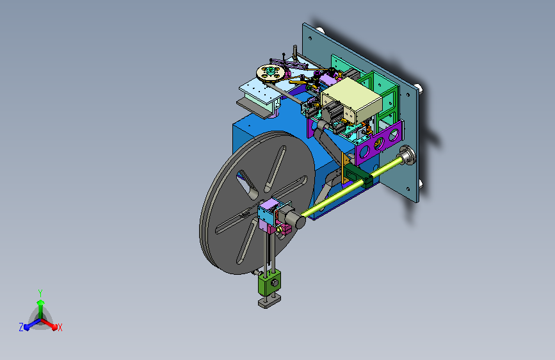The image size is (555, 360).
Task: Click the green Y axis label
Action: [40, 293]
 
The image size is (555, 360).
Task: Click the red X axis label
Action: [60, 328]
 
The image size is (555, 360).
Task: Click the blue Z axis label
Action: [21, 327]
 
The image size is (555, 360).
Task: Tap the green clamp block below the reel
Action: [269, 282]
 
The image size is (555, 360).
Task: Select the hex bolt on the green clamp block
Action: [275, 283]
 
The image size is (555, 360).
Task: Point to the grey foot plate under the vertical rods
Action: [269, 302]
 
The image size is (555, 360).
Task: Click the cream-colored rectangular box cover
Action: [351, 101]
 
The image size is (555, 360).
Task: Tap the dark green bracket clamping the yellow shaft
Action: [358, 176]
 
